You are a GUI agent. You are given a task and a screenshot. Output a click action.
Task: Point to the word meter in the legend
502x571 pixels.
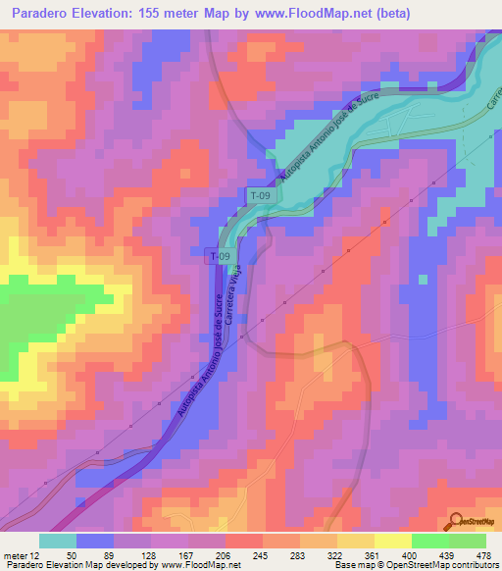(18, 555)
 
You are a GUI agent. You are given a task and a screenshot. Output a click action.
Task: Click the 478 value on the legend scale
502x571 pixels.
(482, 555)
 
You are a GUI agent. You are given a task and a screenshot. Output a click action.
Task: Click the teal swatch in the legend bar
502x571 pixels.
(58, 541)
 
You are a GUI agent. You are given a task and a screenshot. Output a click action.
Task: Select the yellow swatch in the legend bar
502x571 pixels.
(392, 541)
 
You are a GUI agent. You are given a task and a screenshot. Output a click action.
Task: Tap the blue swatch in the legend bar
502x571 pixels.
(96, 541)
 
